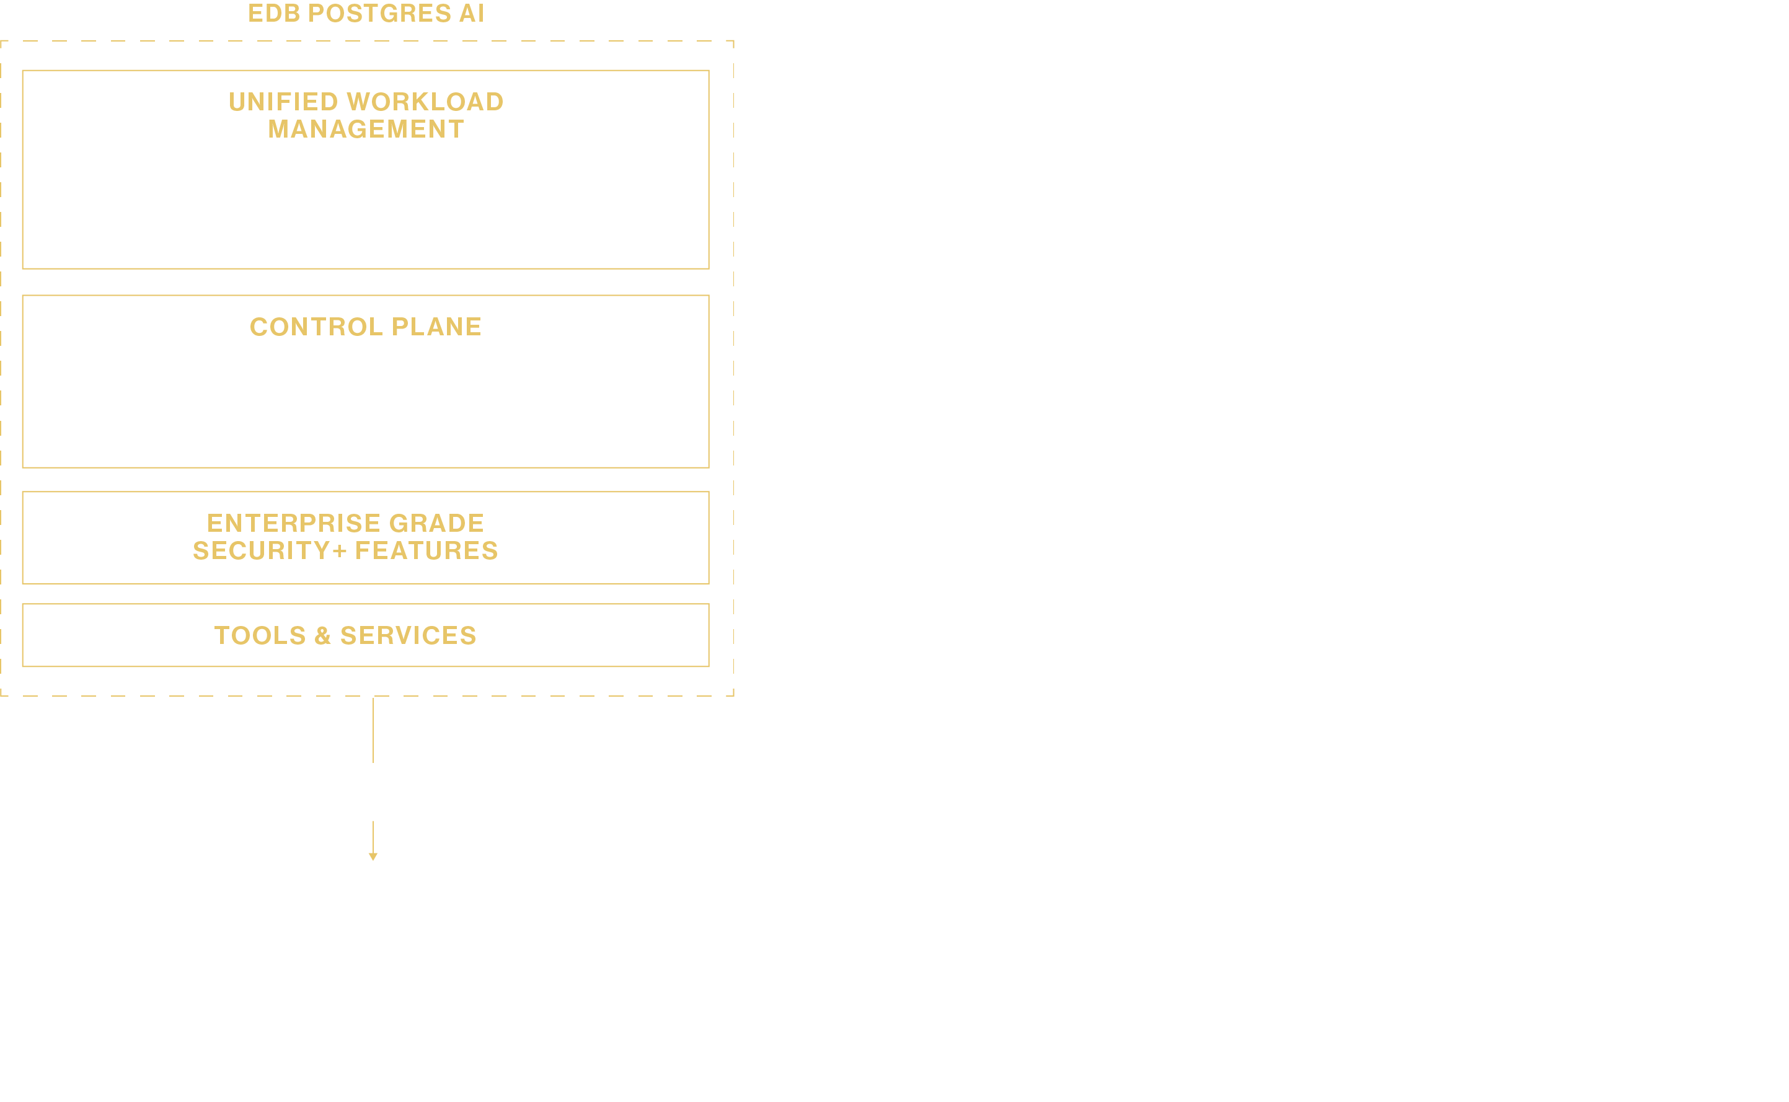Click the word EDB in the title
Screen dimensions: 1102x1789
274,13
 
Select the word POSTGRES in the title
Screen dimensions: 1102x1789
379,13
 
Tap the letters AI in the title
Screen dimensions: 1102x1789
472,13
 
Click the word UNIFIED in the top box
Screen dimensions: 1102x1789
283,102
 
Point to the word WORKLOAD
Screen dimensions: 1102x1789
426,102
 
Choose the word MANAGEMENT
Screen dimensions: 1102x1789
366,130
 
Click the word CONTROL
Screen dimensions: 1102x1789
316,327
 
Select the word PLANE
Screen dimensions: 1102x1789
436,327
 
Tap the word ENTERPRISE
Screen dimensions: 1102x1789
294,523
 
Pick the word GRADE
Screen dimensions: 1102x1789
436,523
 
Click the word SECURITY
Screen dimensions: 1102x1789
262,551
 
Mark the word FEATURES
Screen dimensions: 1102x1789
426,551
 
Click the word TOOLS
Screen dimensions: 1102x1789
260,635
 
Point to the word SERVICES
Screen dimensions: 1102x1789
408,635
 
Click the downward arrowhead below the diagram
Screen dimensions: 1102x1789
373,857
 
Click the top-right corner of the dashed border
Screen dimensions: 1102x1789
733,42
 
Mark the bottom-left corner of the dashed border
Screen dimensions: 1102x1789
1,695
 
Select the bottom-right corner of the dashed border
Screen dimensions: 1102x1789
733,695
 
